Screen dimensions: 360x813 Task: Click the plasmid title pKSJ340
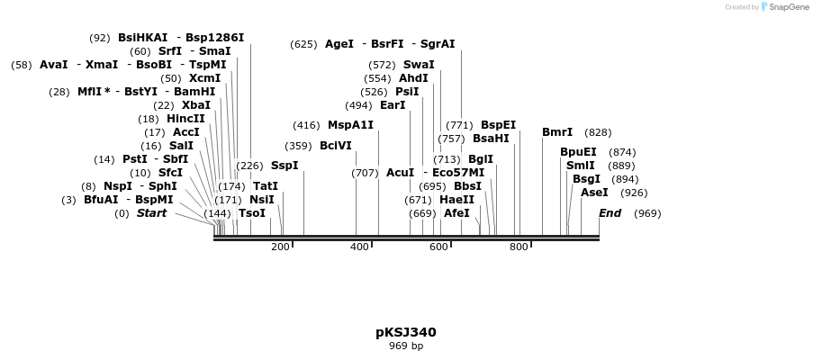(x=405, y=332)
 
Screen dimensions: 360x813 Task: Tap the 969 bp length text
(x=405, y=346)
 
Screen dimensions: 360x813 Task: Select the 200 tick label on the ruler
(x=280, y=247)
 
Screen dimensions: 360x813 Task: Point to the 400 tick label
(x=359, y=247)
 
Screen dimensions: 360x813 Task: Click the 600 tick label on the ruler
(x=438, y=247)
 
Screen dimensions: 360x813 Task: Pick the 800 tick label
(x=519, y=247)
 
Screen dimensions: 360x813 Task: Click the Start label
(x=151, y=213)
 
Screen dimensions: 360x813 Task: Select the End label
(x=610, y=213)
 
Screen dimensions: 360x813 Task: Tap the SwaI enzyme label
(x=419, y=65)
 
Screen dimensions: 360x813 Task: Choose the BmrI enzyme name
(x=557, y=132)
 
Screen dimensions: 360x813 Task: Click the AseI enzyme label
(x=594, y=193)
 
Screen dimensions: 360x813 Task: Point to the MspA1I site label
(x=350, y=125)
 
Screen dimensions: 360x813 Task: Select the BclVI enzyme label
(x=336, y=146)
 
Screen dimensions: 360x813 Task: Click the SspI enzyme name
(x=285, y=166)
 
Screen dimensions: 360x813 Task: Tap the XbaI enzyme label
(x=196, y=105)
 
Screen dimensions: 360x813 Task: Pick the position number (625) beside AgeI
(x=303, y=44)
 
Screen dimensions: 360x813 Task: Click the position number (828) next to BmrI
(x=598, y=132)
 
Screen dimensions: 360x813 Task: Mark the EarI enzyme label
(x=393, y=105)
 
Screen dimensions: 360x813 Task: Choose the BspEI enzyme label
(x=498, y=125)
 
